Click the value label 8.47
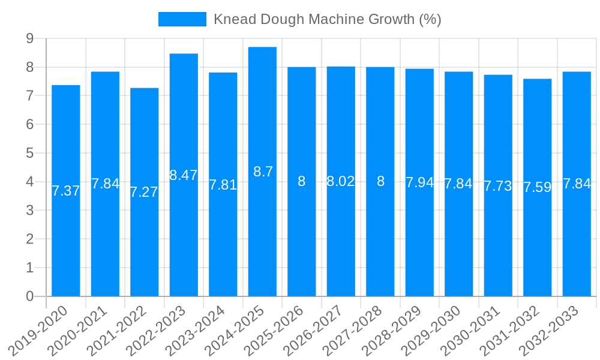click(184, 175)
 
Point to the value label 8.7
click(263, 172)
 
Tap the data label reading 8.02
click(341, 181)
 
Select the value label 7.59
click(537, 187)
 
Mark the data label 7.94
click(419, 182)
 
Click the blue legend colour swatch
click(182, 19)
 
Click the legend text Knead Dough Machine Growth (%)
click(328, 19)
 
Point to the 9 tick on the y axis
click(29, 39)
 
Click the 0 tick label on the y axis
click(29, 296)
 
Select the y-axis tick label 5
click(29, 153)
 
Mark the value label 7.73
click(498, 186)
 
